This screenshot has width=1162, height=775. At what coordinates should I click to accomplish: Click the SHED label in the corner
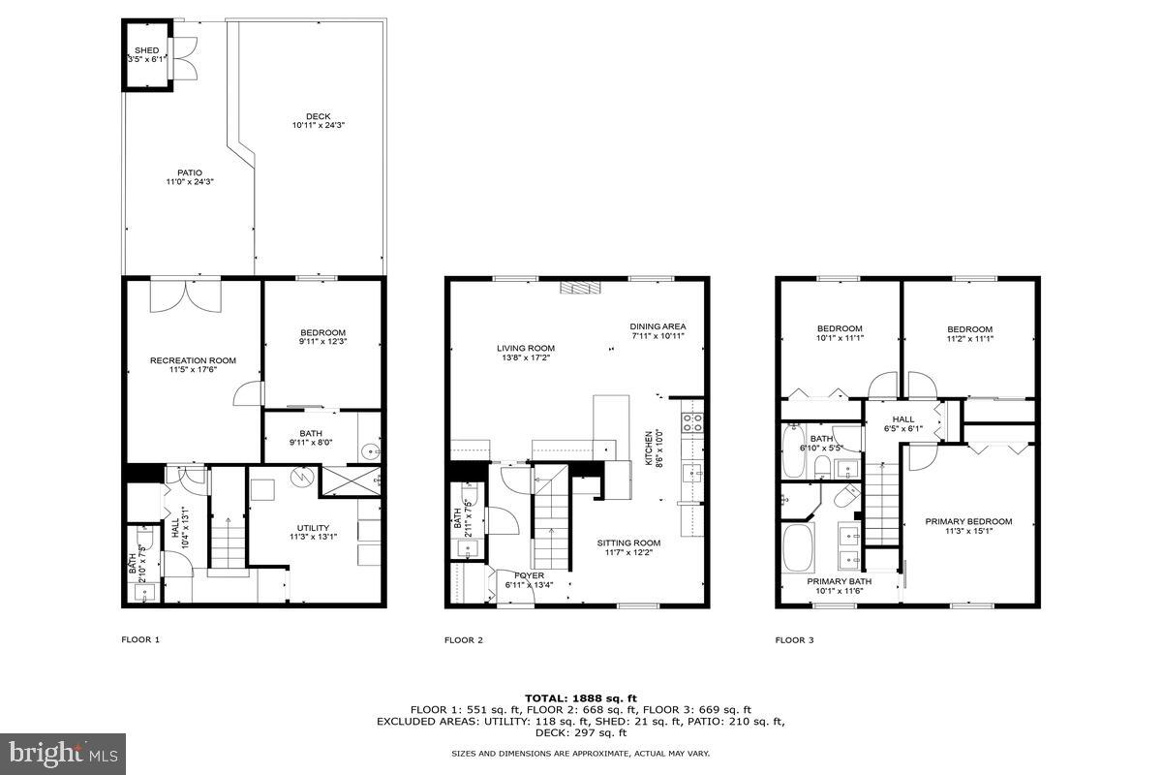pyautogui.click(x=146, y=49)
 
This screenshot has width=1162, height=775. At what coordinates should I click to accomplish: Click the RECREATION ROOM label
pyautogui.click(x=193, y=360)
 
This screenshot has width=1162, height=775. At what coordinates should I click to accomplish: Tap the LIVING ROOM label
pyautogui.click(x=526, y=348)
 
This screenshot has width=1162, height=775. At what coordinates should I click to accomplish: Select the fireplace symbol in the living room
pyautogui.click(x=581, y=287)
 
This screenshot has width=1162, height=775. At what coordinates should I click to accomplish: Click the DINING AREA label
pyautogui.click(x=657, y=326)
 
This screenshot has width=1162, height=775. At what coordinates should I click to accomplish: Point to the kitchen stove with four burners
pyautogui.click(x=693, y=422)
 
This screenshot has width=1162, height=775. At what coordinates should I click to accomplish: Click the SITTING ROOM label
pyautogui.click(x=628, y=542)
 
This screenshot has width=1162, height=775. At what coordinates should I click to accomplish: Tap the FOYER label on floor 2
pyautogui.click(x=529, y=575)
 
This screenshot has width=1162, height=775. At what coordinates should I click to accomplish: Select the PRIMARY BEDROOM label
pyautogui.click(x=968, y=521)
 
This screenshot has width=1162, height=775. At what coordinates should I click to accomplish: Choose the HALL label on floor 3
pyautogui.click(x=903, y=419)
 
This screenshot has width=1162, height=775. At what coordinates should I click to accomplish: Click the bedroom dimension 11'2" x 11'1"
pyautogui.click(x=969, y=338)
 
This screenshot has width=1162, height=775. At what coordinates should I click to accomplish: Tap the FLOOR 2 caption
pyautogui.click(x=464, y=639)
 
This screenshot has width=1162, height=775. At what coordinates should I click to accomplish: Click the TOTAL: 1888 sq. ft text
pyautogui.click(x=581, y=697)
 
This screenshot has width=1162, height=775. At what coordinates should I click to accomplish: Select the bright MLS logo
pyautogui.click(x=63, y=751)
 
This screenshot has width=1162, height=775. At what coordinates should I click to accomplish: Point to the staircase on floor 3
pyautogui.click(x=882, y=505)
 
